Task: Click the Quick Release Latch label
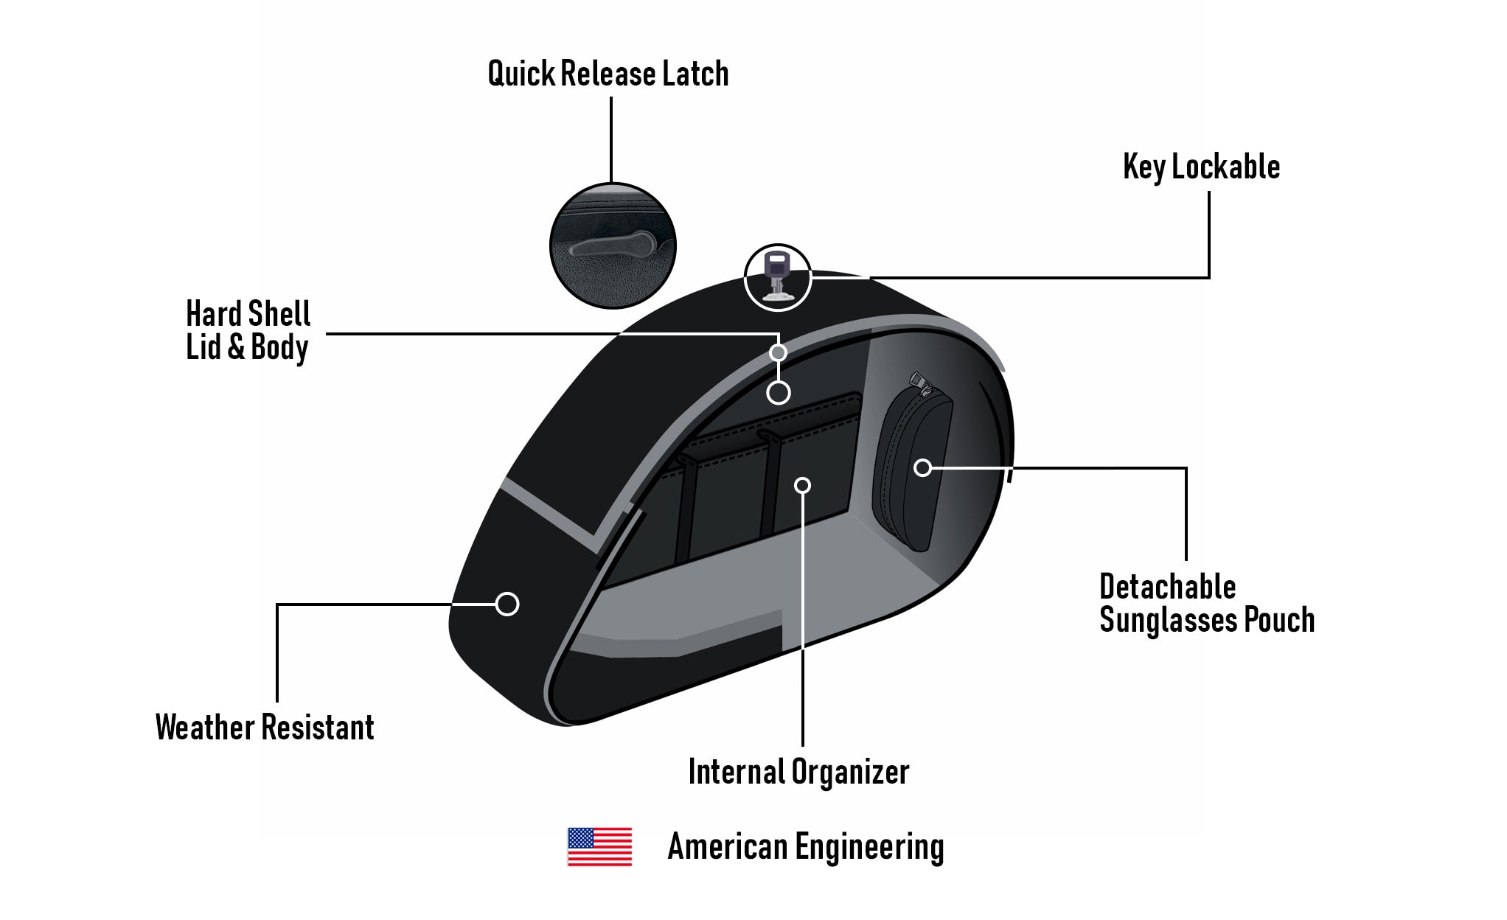(x=608, y=74)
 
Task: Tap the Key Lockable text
(x=1202, y=167)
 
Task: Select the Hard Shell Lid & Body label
(x=248, y=330)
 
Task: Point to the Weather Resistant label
(x=265, y=727)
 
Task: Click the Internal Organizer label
(x=798, y=772)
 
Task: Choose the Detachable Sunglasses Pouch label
(x=1207, y=603)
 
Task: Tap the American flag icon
(x=599, y=846)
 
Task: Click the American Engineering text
(x=806, y=846)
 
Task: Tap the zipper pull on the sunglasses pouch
(x=919, y=381)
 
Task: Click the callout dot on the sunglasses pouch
(x=922, y=467)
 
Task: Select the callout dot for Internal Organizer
(x=802, y=485)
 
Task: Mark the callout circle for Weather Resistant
(x=507, y=604)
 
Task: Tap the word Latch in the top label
(x=695, y=74)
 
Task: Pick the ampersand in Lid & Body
(x=236, y=347)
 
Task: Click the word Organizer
(x=850, y=773)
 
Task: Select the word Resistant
(x=319, y=727)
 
